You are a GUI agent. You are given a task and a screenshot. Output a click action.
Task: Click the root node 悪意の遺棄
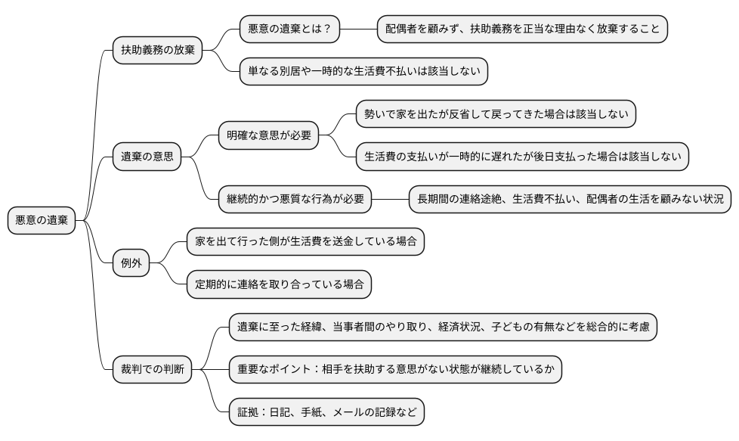click(42, 220)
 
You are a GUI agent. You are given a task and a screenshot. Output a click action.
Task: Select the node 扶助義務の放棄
click(157, 51)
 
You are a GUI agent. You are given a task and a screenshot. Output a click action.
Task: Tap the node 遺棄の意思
click(147, 157)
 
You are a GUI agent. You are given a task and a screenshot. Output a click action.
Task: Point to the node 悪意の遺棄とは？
click(289, 30)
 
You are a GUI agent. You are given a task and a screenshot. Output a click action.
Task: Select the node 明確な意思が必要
click(268, 136)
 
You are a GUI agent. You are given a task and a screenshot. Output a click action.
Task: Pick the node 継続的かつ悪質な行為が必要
click(295, 199)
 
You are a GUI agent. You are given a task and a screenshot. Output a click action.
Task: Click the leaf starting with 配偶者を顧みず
click(522, 30)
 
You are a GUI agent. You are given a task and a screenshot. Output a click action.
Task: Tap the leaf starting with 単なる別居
click(363, 72)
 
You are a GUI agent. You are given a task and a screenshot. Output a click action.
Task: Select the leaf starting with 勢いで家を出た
click(496, 114)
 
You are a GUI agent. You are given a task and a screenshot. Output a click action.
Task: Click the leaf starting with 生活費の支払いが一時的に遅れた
click(522, 157)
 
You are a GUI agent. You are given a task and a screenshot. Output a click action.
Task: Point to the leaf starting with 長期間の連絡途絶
click(570, 199)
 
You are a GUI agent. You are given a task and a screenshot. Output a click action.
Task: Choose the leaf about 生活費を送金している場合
click(305, 242)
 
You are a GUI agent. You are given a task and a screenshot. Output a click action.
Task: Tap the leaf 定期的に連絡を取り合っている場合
click(279, 284)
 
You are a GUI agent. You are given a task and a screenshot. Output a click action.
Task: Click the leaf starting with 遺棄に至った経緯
click(443, 327)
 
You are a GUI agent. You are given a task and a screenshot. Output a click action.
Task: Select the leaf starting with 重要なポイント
click(395, 370)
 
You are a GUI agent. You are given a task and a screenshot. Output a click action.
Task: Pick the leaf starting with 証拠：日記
click(326, 412)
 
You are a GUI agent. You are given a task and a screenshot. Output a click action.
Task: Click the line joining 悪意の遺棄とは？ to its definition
click(358, 30)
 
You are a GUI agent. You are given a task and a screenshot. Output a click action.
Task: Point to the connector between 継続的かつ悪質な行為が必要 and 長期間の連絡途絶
click(390, 199)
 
